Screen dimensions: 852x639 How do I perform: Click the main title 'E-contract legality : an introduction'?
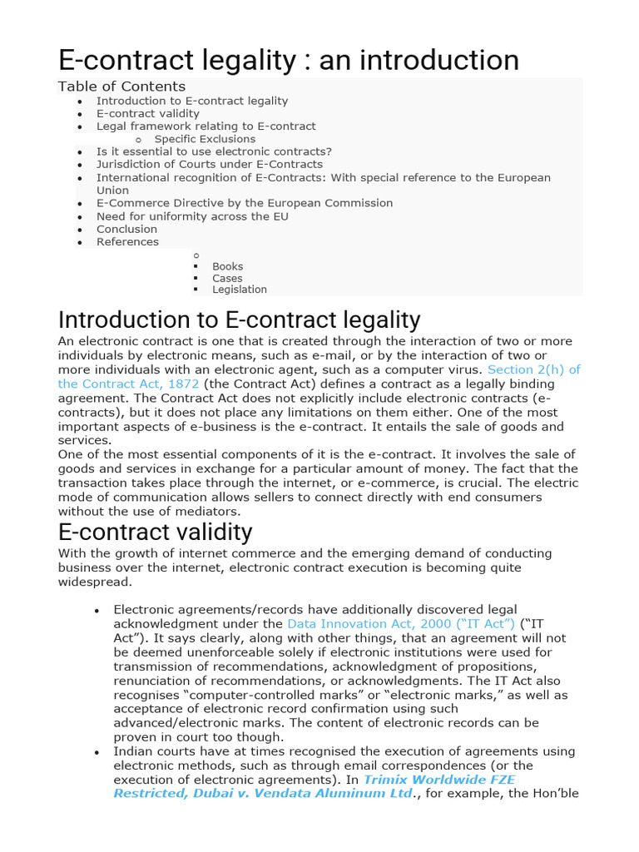pyautogui.click(x=288, y=60)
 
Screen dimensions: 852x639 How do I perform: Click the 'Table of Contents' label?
pyautogui.click(x=121, y=87)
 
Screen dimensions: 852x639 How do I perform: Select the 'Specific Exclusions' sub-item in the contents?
pyautogui.click(x=205, y=139)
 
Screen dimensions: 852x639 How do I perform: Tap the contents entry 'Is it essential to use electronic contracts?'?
pyautogui.click(x=214, y=151)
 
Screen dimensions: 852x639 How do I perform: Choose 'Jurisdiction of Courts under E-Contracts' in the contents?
pyautogui.click(x=209, y=165)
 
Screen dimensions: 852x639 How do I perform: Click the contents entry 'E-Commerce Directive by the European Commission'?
pyautogui.click(x=245, y=203)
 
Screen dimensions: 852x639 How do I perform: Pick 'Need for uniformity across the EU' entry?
pyautogui.click(x=192, y=216)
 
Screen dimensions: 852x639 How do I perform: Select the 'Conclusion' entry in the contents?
pyautogui.click(x=126, y=229)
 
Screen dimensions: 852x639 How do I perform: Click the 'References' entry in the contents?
pyautogui.click(x=127, y=241)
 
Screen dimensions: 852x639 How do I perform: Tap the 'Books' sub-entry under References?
pyautogui.click(x=227, y=266)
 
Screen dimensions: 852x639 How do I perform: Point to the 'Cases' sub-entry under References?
pyautogui.click(x=227, y=278)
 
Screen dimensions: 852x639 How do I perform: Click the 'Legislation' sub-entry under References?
pyautogui.click(x=240, y=290)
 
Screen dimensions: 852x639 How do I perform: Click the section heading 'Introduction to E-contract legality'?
pyautogui.click(x=240, y=320)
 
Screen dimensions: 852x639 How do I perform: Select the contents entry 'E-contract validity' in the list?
pyautogui.click(x=148, y=113)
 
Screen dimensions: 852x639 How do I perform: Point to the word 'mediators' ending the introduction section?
pyautogui.click(x=211, y=511)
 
